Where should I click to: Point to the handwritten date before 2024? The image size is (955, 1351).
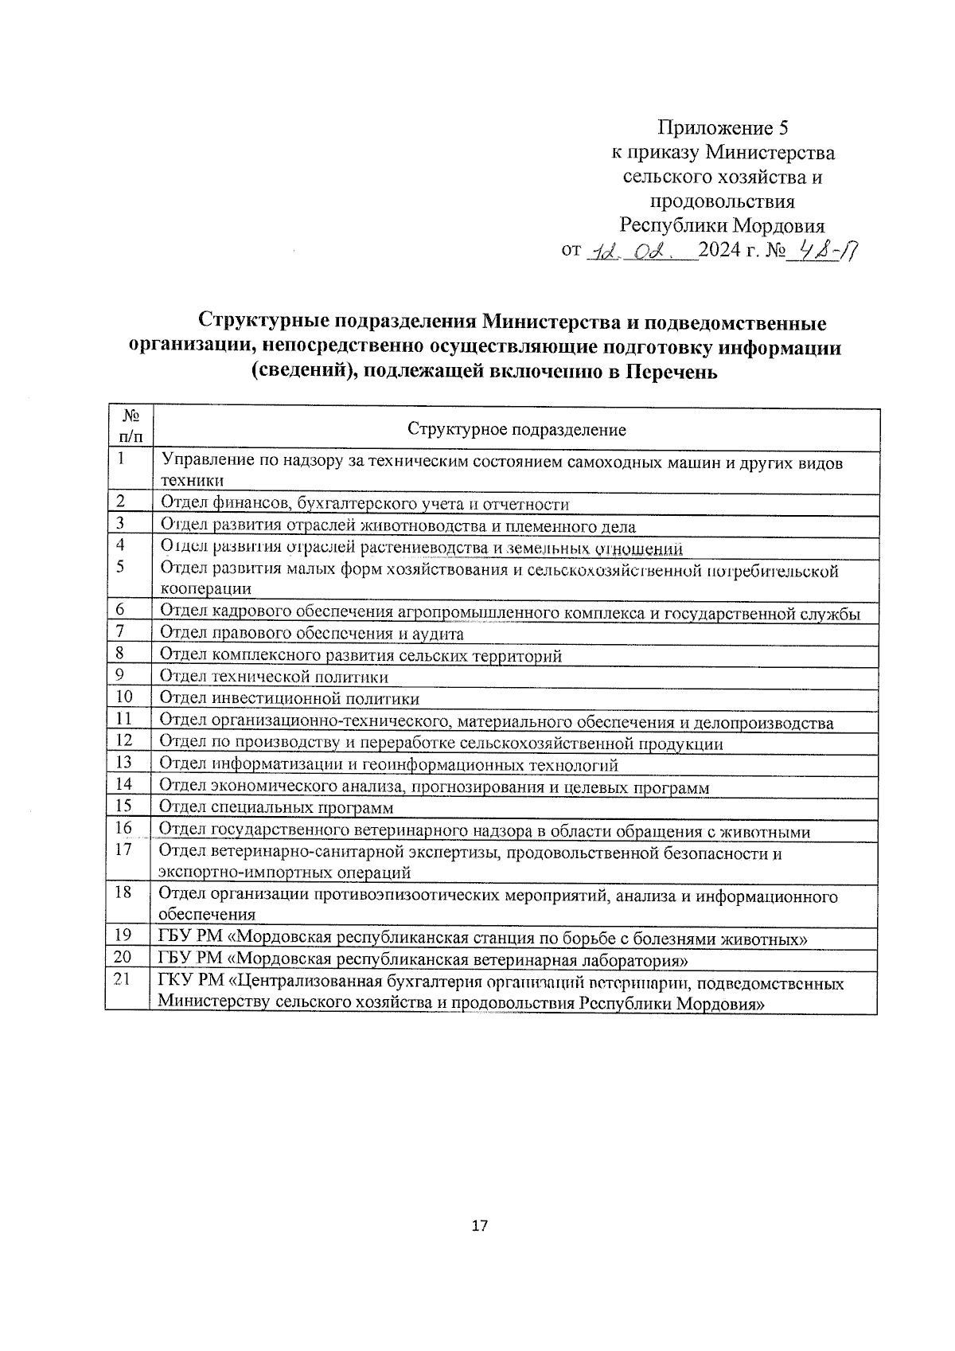pyautogui.click(x=641, y=252)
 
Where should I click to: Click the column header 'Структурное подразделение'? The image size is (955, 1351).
pyautogui.click(x=516, y=430)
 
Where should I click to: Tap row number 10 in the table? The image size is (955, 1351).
pyautogui.click(x=124, y=697)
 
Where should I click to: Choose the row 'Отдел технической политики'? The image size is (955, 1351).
pyautogui.click(x=275, y=677)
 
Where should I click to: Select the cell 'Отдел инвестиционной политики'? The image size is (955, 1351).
pyautogui.click(x=290, y=699)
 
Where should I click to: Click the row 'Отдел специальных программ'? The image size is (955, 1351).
pyautogui.click(x=276, y=808)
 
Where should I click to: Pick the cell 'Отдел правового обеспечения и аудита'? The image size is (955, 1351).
pyautogui.click(x=312, y=634)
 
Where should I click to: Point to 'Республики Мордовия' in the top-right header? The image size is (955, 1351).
pyautogui.click(x=723, y=225)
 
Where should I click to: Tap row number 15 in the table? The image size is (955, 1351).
pyautogui.click(x=123, y=806)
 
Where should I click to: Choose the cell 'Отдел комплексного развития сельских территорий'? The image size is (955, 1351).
pyautogui.click(x=361, y=656)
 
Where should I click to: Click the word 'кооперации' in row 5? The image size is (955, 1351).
pyautogui.click(x=206, y=589)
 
